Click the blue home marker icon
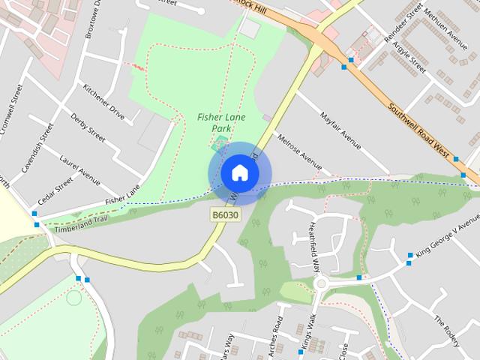pos(239,172)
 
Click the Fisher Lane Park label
pos(220,122)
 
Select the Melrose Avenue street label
pos(299,152)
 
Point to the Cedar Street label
pos(55,190)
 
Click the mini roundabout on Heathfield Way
pos(322,283)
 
